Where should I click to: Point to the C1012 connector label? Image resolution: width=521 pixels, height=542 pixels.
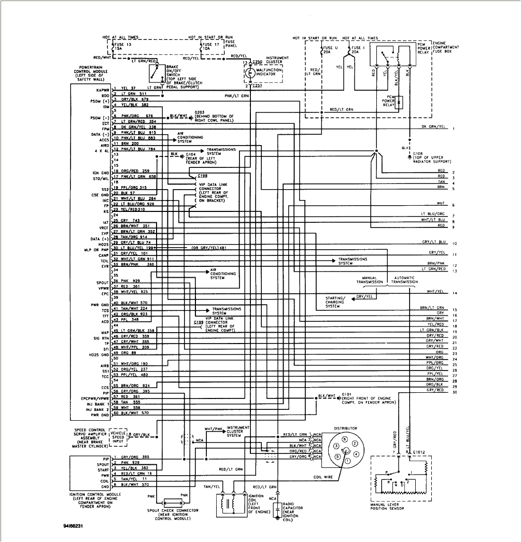coord(419,452)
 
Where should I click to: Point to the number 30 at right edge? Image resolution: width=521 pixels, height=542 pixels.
coord(454,393)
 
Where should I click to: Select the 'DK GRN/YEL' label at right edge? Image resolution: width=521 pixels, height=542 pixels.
coord(433,127)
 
